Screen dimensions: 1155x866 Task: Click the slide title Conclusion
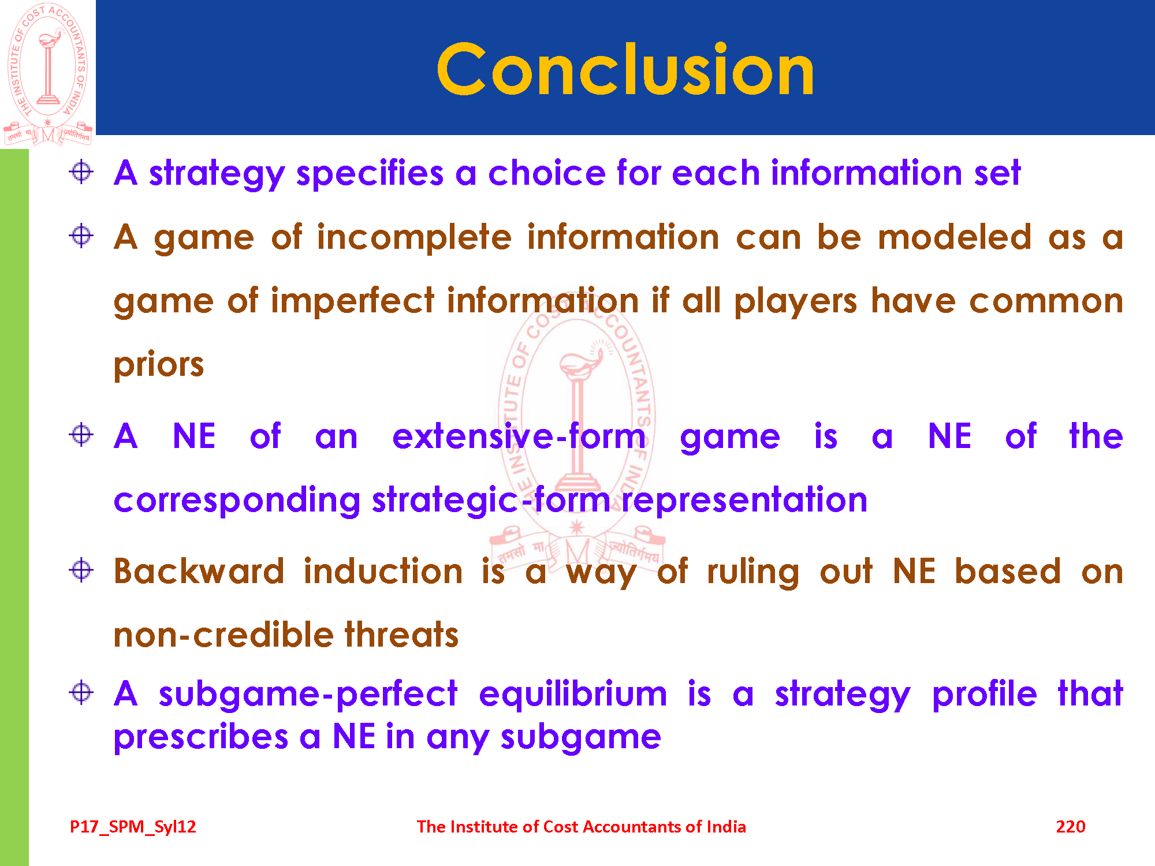[x=625, y=70]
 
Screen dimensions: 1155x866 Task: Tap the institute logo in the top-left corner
[x=48, y=73]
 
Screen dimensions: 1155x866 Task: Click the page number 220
[x=1070, y=827]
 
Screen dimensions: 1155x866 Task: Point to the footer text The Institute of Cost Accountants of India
[x=581, y=827]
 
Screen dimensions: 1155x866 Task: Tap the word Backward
[x=199, y=571]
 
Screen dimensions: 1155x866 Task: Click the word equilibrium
[x=573, y=693]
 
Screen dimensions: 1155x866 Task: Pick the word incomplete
[x=414, y=237]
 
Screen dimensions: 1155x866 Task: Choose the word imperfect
[x=352, y=301]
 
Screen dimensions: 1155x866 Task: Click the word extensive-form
[x=519, y=436]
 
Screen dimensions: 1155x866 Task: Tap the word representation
[x=744, y=499]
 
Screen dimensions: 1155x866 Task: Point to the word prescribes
[x=201, y=737]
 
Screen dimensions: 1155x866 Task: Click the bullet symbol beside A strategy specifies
[x=81, y=171]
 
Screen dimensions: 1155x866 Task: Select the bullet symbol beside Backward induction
[x=81, y=570]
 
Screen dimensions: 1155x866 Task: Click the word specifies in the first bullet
[x=370, y=173]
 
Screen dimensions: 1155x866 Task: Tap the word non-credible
[x=223, y=634]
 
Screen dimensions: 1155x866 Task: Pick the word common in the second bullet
[x=1046, y=301]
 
